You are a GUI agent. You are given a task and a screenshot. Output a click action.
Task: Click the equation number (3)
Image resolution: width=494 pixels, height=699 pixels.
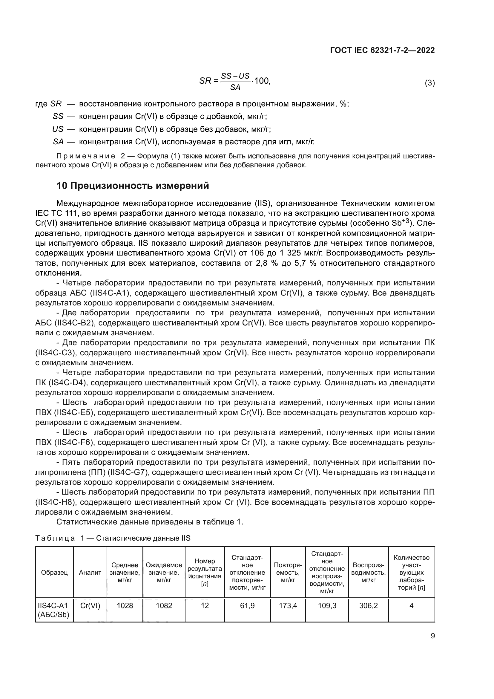click(429, 83)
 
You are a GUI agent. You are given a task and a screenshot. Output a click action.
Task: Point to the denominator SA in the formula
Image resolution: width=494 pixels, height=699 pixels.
click(235, 88)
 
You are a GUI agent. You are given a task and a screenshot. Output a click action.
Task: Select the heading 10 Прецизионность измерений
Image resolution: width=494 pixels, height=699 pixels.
click(133, 186)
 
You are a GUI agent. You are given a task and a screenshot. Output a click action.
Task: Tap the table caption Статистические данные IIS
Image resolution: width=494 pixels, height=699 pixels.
click(143, 538)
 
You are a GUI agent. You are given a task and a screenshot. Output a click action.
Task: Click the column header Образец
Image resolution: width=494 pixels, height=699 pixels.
click(54, 572)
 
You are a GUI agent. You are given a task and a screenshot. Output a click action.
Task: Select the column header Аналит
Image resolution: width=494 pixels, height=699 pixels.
click(90, 572)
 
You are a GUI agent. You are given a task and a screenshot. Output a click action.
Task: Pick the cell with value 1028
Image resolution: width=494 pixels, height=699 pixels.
click(125, 605)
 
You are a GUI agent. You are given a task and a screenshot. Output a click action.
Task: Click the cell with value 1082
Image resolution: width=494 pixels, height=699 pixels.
click(164, 605)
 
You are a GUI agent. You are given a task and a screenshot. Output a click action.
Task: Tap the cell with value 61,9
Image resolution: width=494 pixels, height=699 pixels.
click(247, 605)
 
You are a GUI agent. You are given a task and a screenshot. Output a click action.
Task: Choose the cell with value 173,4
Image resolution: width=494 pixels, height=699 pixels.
click(288, 605)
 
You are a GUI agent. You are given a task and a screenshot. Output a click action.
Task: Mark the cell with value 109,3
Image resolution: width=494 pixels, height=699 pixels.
click(327, 605)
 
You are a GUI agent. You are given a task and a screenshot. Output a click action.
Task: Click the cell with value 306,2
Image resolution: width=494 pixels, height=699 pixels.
click(368, 605)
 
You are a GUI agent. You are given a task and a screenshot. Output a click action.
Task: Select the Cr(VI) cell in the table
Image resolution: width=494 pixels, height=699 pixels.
click(90, 605)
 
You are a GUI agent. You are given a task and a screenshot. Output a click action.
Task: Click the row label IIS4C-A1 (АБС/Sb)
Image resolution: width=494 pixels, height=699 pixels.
click(53, 610)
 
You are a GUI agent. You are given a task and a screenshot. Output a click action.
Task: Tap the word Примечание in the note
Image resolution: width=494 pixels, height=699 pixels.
click(86, 156)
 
